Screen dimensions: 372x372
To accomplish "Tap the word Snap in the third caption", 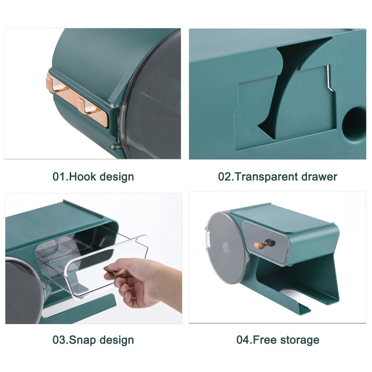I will click(82, 340).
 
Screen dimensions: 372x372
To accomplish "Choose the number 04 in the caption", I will click(243, 340).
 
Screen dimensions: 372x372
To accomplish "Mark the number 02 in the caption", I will click(225, 177).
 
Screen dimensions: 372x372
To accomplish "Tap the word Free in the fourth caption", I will click(264, 340).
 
